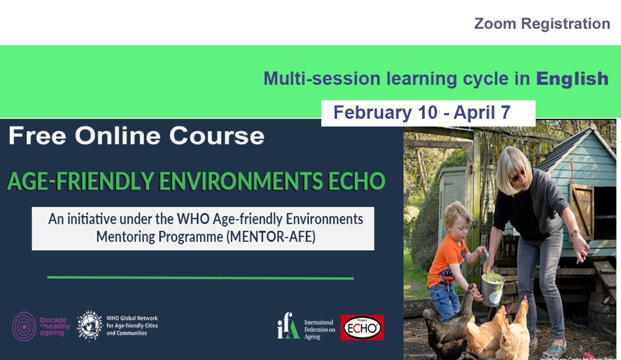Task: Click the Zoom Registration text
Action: [542, 24]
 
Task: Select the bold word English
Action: [572, 79]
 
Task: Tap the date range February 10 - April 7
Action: [422, 113]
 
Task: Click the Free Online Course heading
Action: [136, 136]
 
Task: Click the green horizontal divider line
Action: [200, 277]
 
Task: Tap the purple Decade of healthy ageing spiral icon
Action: [24, 326]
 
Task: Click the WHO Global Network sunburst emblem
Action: [90, 325]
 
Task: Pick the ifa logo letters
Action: [288, 326]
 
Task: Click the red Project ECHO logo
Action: [362, 327]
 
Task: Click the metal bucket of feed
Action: [492, 289]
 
